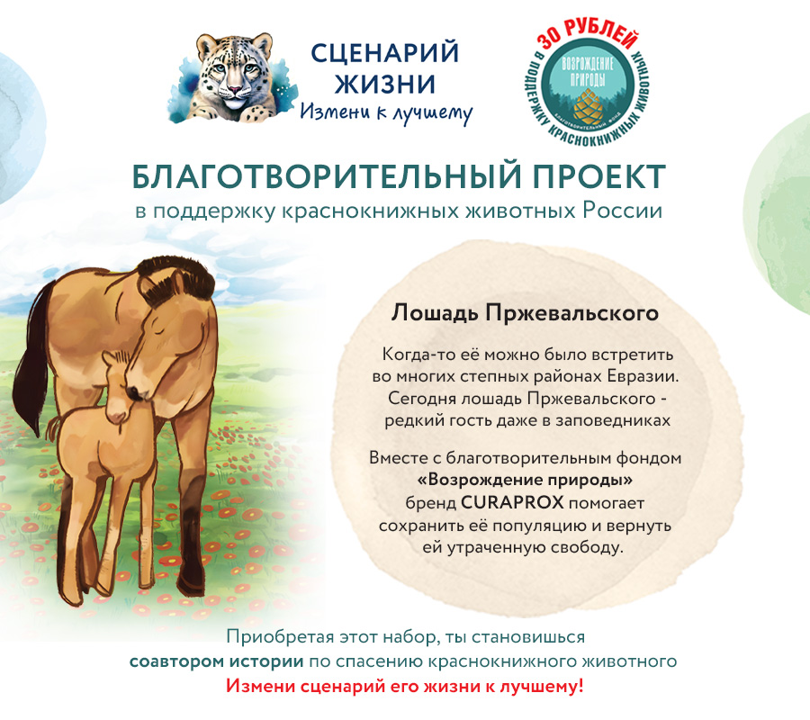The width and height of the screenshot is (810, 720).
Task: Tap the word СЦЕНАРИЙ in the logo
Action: point(385,53)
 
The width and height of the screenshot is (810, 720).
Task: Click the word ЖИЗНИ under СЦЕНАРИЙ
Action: point(385,85)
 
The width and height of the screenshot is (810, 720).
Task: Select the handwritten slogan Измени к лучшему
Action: point(386,112)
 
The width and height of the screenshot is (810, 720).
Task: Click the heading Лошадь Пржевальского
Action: point(525,313)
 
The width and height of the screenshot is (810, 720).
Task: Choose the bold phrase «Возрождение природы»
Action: point(525,479)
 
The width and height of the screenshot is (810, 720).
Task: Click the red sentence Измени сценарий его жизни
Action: point(405,686)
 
